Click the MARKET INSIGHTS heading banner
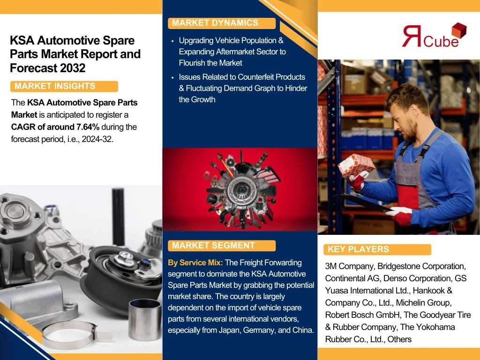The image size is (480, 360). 64,86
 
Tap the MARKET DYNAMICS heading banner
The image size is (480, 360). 222,23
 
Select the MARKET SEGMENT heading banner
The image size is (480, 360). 222,246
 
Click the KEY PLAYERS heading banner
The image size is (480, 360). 377,249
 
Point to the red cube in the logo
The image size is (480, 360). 459,30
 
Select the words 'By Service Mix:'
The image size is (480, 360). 195,262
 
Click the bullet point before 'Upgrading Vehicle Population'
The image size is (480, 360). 173,41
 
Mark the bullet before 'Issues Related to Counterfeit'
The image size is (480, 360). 173,77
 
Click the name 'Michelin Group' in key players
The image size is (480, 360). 423,303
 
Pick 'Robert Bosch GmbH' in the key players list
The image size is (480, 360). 362,315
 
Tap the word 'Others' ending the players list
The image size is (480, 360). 399,339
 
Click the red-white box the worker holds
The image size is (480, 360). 356,165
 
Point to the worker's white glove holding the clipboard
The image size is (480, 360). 399,211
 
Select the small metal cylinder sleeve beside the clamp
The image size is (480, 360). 144,319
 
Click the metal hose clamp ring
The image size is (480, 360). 70,335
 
